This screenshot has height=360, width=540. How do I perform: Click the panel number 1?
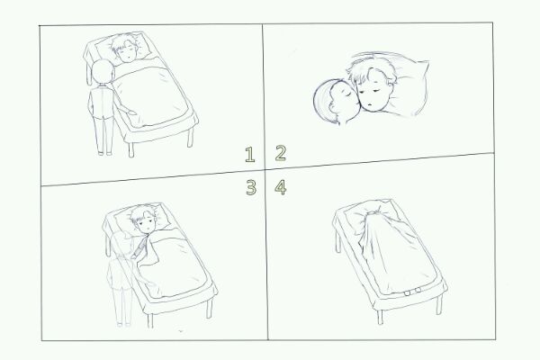[x=250, y=154]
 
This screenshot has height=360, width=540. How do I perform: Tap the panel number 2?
[x=281, y=153]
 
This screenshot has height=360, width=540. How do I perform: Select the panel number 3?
[x=251, y=188]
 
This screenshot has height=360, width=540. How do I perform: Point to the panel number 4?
[x=281, y=188]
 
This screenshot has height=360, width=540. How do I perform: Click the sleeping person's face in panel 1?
[x=126, y=52]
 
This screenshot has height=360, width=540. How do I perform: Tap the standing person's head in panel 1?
[x=103, y=72]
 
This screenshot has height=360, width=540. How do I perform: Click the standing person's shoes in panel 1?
[x=104, y=153]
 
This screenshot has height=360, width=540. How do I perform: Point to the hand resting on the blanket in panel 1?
[x=131, y=112]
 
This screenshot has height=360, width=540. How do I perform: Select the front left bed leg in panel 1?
[x=130, y=150]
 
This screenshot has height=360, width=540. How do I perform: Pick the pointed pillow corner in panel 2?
[x=426, y=64]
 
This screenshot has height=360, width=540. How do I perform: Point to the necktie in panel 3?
[x=140, y=247]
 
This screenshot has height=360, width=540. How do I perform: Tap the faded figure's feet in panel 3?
[x=123, y=324]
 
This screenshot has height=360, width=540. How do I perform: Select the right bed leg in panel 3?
[x=209, y=308]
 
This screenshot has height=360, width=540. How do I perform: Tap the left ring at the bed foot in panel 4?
[x=408, y=293]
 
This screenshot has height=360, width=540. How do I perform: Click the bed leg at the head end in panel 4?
[x=338, y=242]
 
